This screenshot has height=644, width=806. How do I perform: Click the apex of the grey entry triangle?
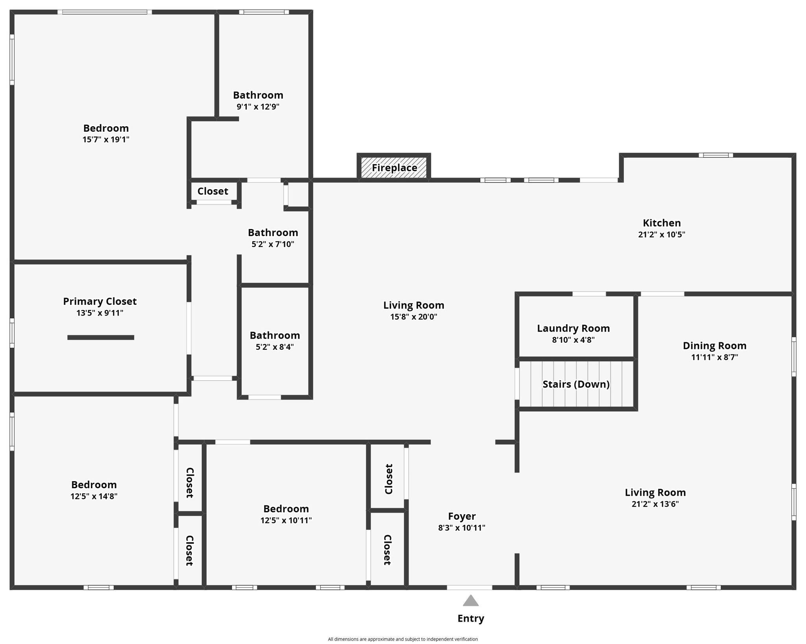click(x=471, y=595)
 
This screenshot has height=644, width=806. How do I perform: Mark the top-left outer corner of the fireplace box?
click(x=357, y=153)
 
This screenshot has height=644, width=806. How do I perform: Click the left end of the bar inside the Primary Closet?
click(x=68, y=338)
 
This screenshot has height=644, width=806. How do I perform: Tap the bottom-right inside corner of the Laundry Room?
click(x=633, y=356)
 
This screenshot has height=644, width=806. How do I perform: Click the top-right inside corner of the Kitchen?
click(x=792, y=157)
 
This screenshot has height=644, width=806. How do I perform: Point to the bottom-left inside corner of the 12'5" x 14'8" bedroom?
click(x=15, y=585)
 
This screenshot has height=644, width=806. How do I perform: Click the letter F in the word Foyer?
click(x=451, y=516)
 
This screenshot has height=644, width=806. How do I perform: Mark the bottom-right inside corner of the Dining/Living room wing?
click(x=792, y=585)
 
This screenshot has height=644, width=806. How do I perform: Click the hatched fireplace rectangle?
click(x=394, y=168)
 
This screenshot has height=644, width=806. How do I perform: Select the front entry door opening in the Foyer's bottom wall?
click(x=470, y=587)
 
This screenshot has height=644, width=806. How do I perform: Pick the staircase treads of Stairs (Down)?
click(x=576, y=384)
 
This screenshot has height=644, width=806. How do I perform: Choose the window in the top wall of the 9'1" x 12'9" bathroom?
click(x=264, y=12)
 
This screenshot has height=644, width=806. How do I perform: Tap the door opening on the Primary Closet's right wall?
click(x=189, y=328)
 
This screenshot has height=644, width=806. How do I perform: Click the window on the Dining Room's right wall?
click(x=794, y=357)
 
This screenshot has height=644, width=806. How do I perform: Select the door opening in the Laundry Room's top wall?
click(x=589, y=294)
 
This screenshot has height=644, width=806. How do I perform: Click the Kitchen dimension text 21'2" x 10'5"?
click(x=662, y=234)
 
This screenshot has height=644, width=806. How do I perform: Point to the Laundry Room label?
click(x=573, y=328)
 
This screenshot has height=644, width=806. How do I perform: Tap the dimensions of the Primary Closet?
click(x=100, y=313)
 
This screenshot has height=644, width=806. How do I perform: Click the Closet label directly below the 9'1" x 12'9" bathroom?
click(x=213, y=191)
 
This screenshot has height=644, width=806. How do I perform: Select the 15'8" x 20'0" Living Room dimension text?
click(x=414, y=317)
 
